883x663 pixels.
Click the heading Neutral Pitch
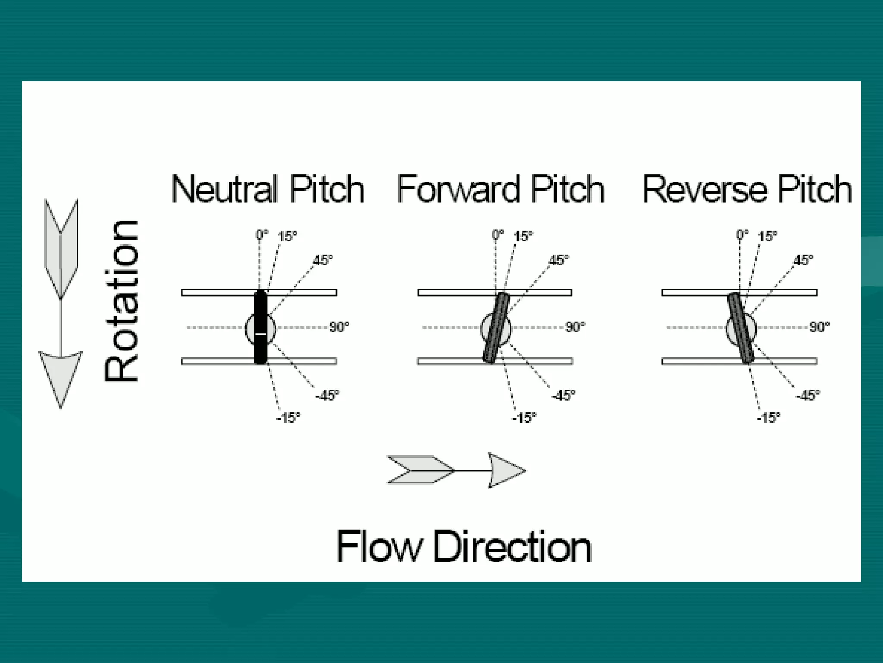click(x=268, y=189)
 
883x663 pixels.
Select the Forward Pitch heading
click(x=500, y=189)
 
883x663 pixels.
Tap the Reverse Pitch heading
click(x=747, y=189)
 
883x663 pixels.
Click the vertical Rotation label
click(x=122, y=301)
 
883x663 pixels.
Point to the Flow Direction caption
click(x=463, y=547)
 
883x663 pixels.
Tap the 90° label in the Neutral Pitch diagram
click(x=339, y=327)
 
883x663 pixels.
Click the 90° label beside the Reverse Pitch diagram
click(x=819, y=327)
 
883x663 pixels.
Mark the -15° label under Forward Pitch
click(x=524, y=418)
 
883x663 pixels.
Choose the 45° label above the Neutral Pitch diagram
click(x=323, y=260)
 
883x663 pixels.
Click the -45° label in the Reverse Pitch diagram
click(x=808, y=395)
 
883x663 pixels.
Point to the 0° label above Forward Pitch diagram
click(x=498, y=235)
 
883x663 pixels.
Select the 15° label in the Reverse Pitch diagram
click(x=767, y=237)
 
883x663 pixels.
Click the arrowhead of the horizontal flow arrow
click(x=505, y=470)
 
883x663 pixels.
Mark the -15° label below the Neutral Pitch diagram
click(x=288, y=418)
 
